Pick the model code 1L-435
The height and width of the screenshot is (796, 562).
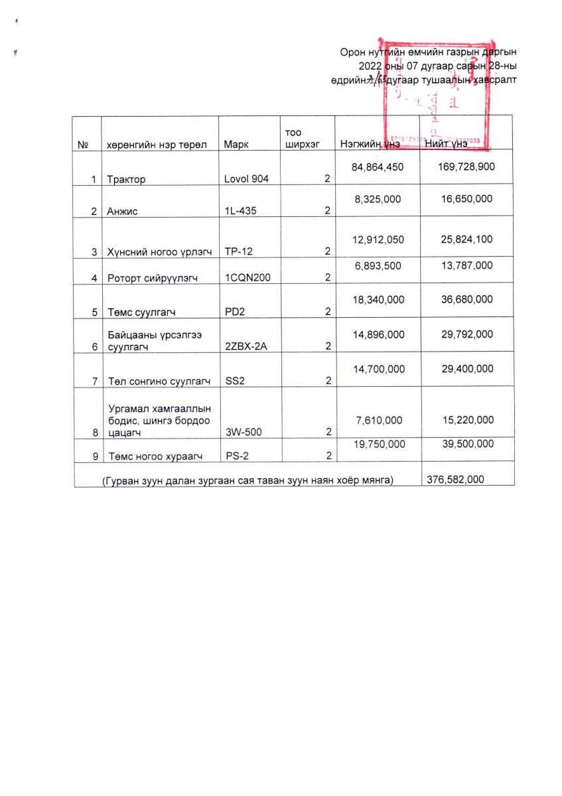241,211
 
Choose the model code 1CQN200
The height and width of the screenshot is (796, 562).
247,278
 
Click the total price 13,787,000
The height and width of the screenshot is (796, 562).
467,265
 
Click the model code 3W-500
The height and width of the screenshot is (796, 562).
244,432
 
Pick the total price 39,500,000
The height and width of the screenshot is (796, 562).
468,444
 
